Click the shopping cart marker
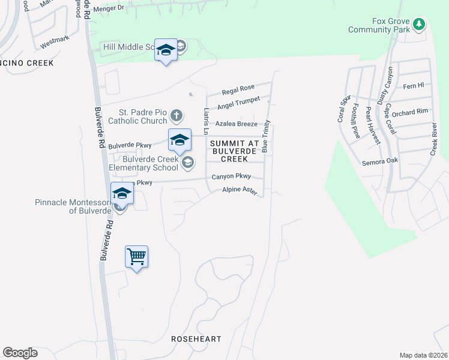pos(137,257)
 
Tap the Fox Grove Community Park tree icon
pos(419,25)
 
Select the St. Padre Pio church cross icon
pos(176,115)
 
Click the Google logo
pos(20,353)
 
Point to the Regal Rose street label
pos(238,90)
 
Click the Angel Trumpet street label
pos(238,103)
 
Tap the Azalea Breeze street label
pos(237,124)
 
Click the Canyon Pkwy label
pos(231,177)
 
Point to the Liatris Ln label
pos(206,121)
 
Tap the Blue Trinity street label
pos(265,136)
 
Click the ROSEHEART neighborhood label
pos(196,339)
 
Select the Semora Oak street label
pos(380,161)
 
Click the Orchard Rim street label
pos(411,112)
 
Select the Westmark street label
pos(55,43)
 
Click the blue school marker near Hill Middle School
pos(166,50)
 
